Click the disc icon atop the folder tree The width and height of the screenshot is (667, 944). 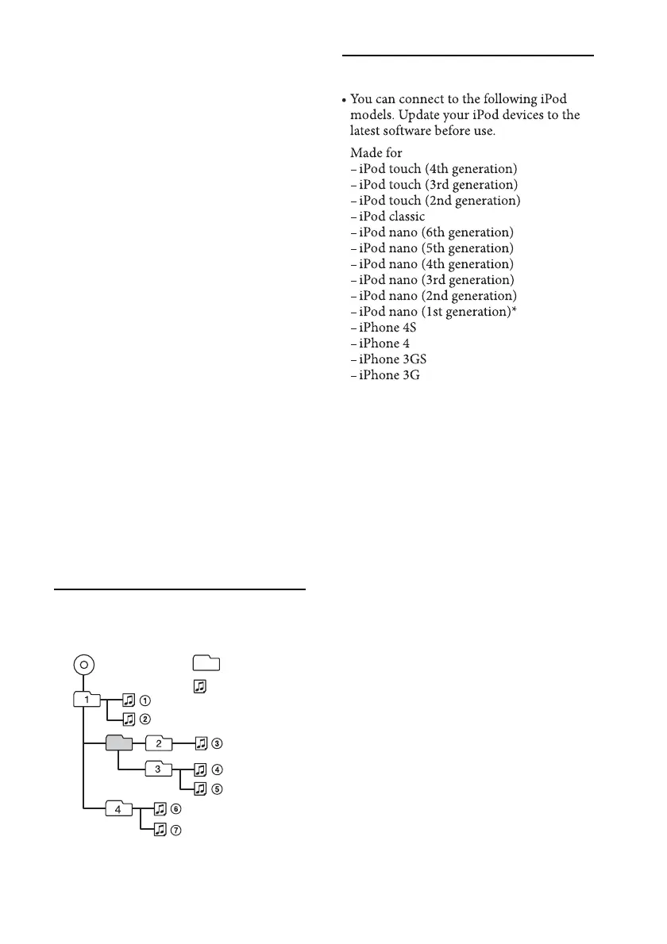(x=83, y=665)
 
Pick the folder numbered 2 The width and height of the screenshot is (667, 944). (x=159, y=743)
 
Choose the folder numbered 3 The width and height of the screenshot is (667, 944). (x=159, y=768)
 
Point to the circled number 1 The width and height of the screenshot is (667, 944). (x=145, y=700)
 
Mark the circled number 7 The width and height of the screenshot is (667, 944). (x=176, y=829)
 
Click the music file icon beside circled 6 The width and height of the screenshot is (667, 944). (x=160, y=808)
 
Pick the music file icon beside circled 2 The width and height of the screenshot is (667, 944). (x=129, y=720)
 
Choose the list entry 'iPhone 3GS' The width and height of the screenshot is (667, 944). (x=390, y=359)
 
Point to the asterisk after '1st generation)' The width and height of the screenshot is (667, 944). (x=526, y=310)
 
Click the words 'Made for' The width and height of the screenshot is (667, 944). (x=376, y=153)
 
